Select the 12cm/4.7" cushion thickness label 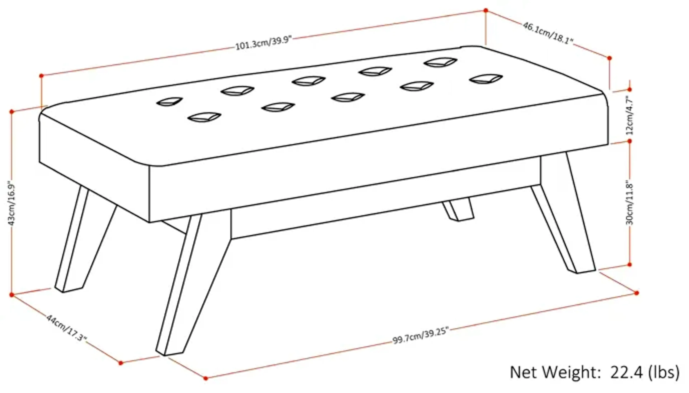pos(630,116)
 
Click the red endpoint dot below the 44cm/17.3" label pos(121,363)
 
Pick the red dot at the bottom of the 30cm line pos(630,265)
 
